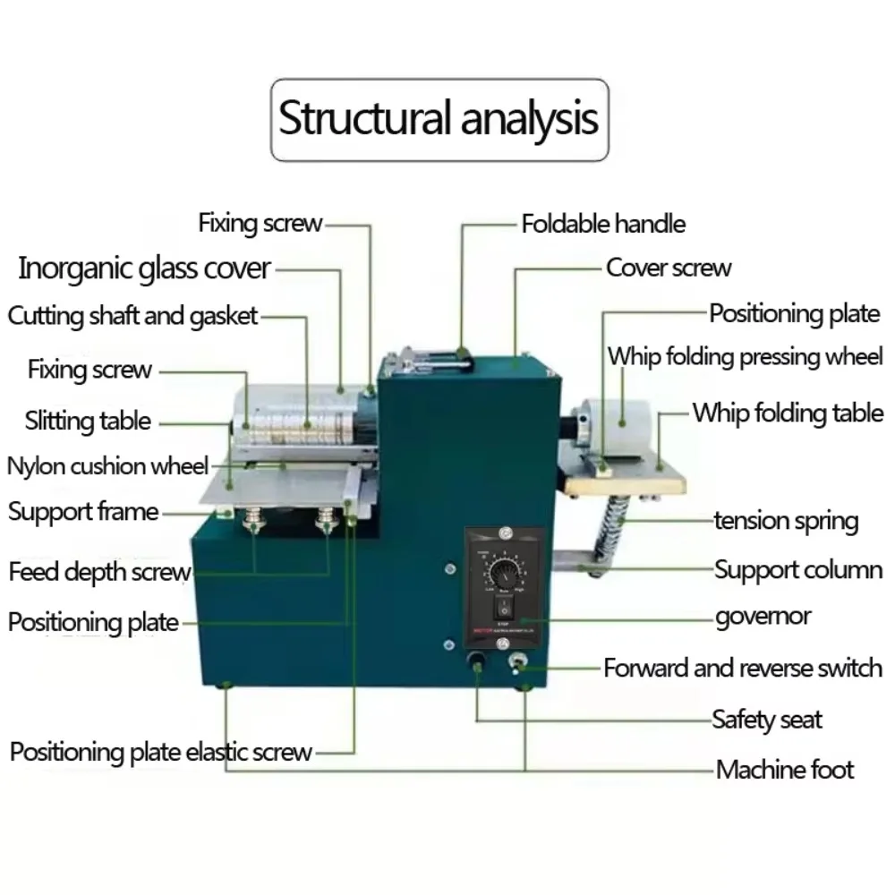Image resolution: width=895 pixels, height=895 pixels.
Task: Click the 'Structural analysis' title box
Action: (439, 119)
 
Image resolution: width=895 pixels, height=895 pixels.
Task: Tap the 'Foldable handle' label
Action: (603, 223)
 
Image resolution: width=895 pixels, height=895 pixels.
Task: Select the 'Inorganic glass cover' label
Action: (144, 268)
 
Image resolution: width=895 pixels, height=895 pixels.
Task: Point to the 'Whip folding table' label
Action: (788, 413)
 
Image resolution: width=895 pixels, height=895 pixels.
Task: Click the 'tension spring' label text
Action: (786, 521)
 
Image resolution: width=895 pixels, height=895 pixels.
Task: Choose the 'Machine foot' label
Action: (785, 769)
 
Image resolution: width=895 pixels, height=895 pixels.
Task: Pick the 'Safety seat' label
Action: (766, 720)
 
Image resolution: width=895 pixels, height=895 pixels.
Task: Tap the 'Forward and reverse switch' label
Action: (743, 668)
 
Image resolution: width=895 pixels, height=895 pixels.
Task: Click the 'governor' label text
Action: (763, 617)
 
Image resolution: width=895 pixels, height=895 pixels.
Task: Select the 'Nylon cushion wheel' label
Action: (107, 465)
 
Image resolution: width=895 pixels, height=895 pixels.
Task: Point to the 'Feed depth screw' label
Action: (99, 571)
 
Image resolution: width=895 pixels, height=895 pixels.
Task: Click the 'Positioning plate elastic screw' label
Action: (161, 752)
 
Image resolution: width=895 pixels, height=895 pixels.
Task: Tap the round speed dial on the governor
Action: (506, 571)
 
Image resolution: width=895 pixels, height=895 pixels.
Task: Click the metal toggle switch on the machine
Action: (518, 663)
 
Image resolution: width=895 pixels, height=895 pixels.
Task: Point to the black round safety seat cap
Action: (476, 662)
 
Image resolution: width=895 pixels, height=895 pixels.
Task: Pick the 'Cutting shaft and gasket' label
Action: (132, 315)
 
